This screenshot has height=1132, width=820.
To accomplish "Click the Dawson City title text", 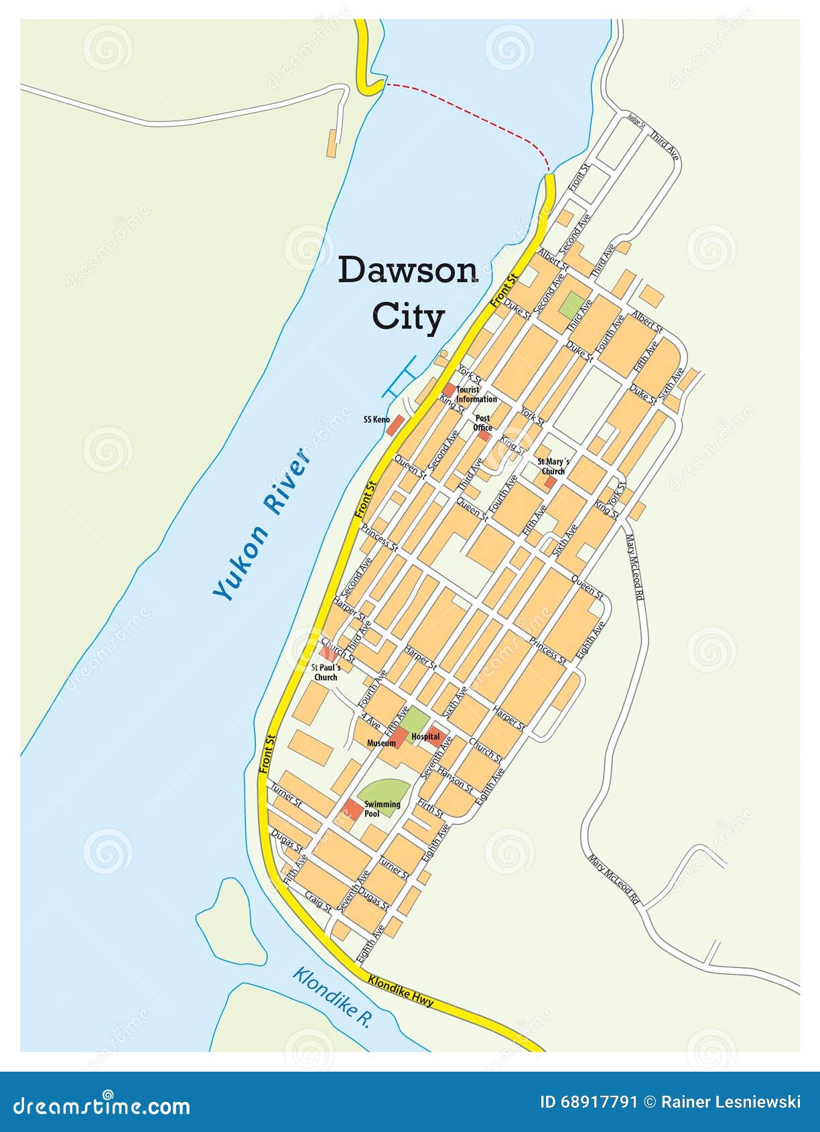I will tap(407, 293).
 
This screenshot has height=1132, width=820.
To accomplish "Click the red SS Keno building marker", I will tap(395, 425).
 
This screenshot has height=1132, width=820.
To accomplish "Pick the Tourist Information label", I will tap(476, 394).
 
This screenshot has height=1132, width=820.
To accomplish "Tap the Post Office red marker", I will tap(484, 436).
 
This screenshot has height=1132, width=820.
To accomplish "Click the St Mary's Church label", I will tap(553, 466).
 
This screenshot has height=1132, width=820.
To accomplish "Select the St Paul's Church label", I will tap(326, 673).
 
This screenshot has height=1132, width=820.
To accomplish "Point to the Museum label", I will tap(381, 743).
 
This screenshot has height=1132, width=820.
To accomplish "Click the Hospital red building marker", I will tap(437, 736).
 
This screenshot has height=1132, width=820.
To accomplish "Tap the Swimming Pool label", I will tap(382, 808).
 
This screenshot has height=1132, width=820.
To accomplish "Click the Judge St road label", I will tap(636, 121).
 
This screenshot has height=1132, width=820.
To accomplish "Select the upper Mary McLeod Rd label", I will tap(634, 566).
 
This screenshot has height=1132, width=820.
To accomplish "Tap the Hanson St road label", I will tap(455, 780).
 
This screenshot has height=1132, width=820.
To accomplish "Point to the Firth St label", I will tap(430, 807).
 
